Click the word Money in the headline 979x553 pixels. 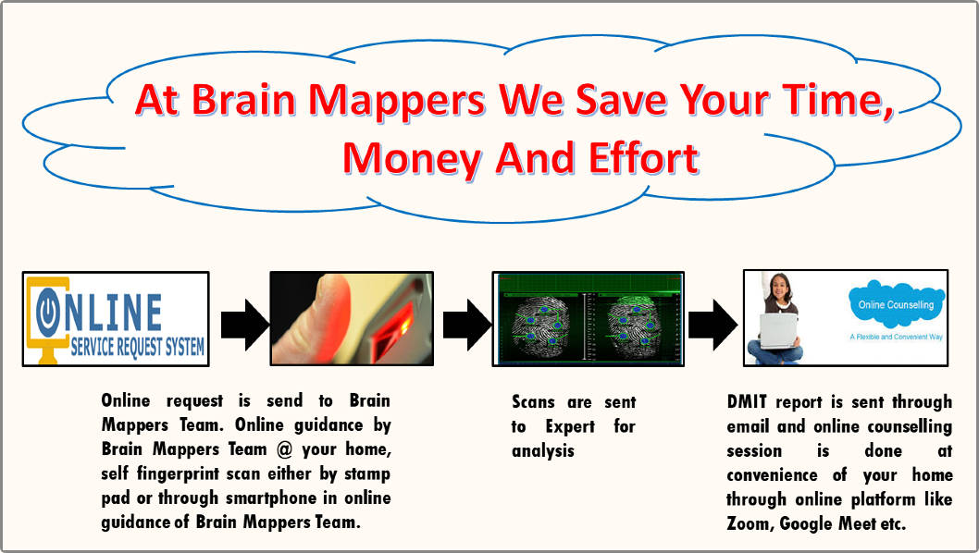coord(412,159)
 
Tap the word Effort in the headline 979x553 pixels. coord(644,157)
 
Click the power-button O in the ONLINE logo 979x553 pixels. coord(48,312)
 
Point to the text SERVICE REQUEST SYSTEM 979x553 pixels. coord(137,347)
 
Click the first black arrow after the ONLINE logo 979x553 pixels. coord(244,325)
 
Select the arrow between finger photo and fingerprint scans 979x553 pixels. coord(467,325)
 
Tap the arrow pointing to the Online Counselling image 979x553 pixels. coord(713,325)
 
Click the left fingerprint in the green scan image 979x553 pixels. coord(540,326)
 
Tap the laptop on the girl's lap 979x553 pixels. coord(778,331)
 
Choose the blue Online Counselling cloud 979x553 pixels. coord(896,304)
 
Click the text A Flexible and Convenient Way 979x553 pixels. coord(896,337)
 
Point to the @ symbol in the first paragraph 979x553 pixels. coord(284,449)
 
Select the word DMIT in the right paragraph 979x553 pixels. coord(747,401)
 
